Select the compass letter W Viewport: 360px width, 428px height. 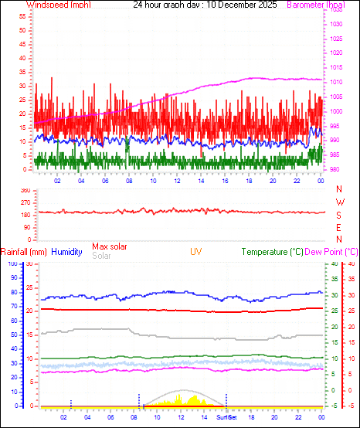click(339, 202)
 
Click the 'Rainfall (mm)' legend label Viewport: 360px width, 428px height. click(24, 252)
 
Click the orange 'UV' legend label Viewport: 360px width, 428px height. click(196, 252)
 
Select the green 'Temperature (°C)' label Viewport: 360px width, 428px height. click(272, 252)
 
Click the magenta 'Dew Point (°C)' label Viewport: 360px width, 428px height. click(331, 252)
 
